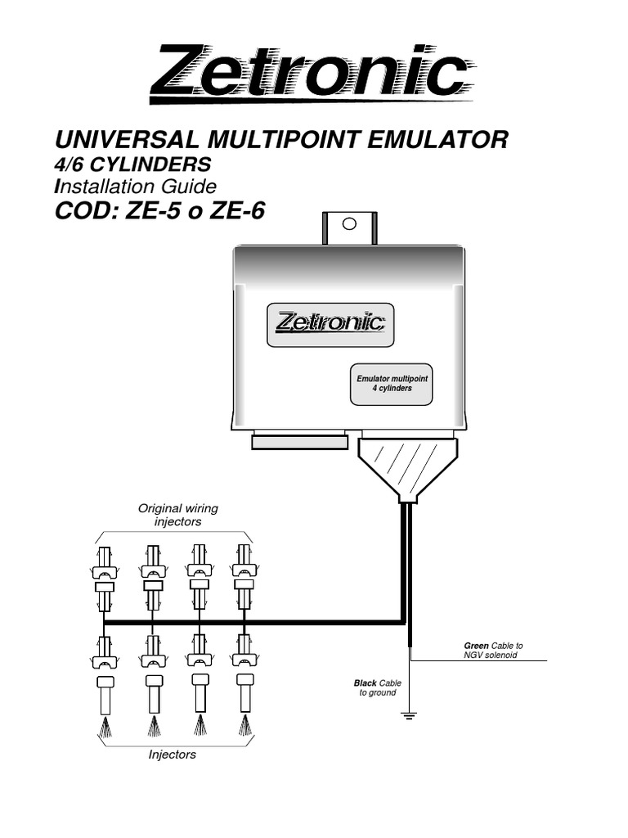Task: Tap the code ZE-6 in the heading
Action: coord(238,211)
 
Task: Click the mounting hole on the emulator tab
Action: coord(349,223)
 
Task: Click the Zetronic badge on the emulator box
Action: coord(330,322)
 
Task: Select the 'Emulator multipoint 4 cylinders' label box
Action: coord(392,384)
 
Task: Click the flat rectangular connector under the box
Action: coord(299,442)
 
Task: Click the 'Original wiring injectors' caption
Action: coord(177,515)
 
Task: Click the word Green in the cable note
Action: coord(476,646)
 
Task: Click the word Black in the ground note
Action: coord(365,682)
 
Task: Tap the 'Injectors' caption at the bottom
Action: coord(172,755)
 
